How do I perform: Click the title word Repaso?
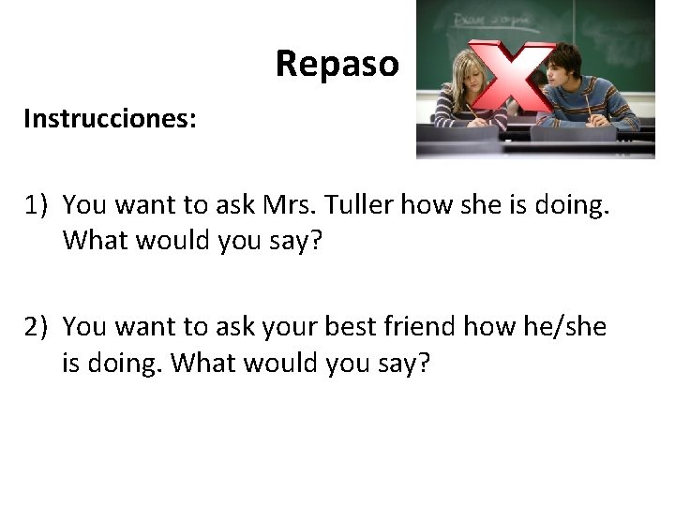click(337, 64)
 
